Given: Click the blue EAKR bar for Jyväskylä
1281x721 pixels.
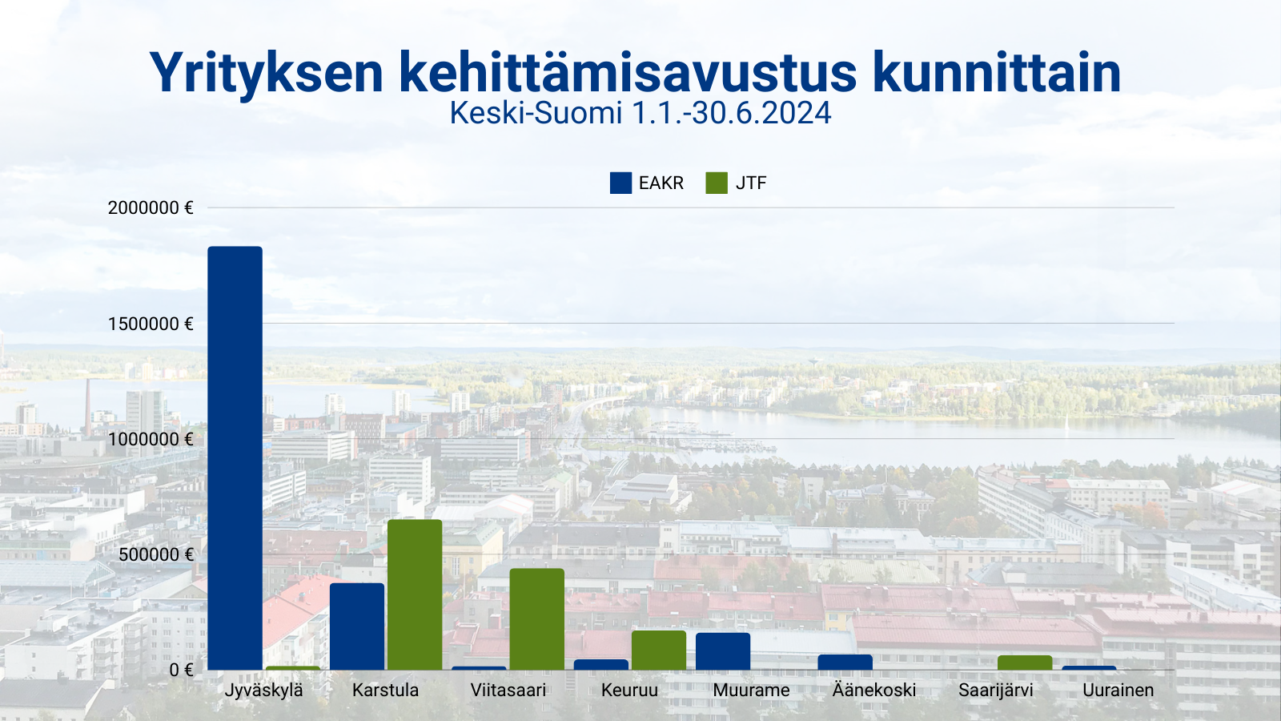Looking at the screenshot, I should [x=235, y=457].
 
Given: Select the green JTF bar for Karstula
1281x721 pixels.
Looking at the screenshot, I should [x=415, y=594].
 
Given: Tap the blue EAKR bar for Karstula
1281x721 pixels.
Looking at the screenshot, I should [x=357, y=626].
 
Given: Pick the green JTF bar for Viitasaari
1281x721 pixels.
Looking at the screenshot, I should [x=536, y=618].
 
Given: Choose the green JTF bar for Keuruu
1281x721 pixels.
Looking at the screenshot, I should [x=659, y=650].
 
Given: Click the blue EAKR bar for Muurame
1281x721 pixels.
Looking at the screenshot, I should [x=723, y=651].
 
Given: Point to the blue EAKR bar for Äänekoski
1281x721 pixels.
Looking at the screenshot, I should [x=845, y=663].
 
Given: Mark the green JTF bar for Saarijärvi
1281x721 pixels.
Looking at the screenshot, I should [x=1025, y=663].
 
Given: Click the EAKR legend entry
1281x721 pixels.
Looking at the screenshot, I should [x=647, y=183].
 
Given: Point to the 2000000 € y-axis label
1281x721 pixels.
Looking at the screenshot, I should [x=151, y=208].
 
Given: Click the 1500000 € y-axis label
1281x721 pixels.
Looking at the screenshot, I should [x=151, y=324].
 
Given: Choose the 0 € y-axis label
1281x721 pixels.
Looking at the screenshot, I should [x=181, y=670].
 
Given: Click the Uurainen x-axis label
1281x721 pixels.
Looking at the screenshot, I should [x=1118, y=691].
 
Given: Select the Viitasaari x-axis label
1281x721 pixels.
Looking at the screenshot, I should [x=508, y=691].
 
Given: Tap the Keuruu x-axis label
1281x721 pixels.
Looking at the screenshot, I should [x=629, y=691].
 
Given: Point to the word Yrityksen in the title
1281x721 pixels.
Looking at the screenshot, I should [x=267, y=73].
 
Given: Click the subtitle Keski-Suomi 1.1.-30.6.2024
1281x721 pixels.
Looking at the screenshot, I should [x=640, y=113].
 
